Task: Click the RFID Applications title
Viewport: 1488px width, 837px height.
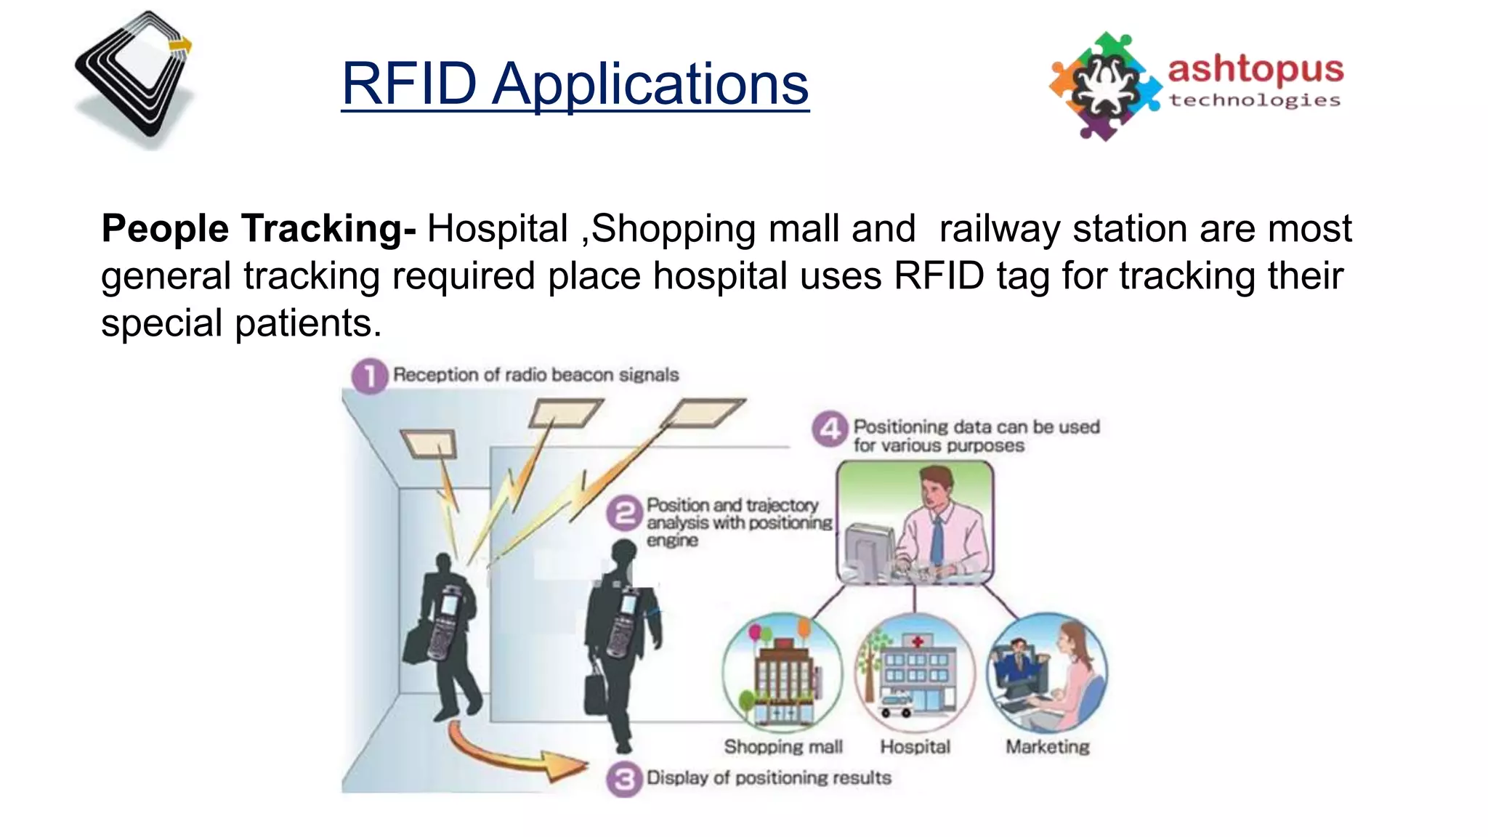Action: pos(575,84)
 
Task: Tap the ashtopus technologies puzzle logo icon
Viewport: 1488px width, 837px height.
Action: pos(1105,86)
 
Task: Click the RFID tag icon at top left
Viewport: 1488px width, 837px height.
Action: pos(135,78)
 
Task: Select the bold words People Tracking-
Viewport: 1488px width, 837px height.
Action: pos(259,229)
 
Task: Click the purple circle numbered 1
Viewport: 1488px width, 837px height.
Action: pos(369,376)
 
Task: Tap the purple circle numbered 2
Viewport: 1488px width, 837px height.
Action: pos(624,514)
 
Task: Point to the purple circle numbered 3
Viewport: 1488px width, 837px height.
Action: pos(624,780)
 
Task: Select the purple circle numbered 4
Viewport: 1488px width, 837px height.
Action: pos(830,429)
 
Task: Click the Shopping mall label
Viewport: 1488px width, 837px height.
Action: pos(783,747)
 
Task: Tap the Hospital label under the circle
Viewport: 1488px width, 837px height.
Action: pos(915,747)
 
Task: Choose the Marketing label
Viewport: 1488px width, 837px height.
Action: pos(1047,747)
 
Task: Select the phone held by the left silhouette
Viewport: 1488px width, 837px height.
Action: pos(444,621)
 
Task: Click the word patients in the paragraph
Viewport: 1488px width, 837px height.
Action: pos(304,323)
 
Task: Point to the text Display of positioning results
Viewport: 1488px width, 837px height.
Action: pos(769,778)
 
